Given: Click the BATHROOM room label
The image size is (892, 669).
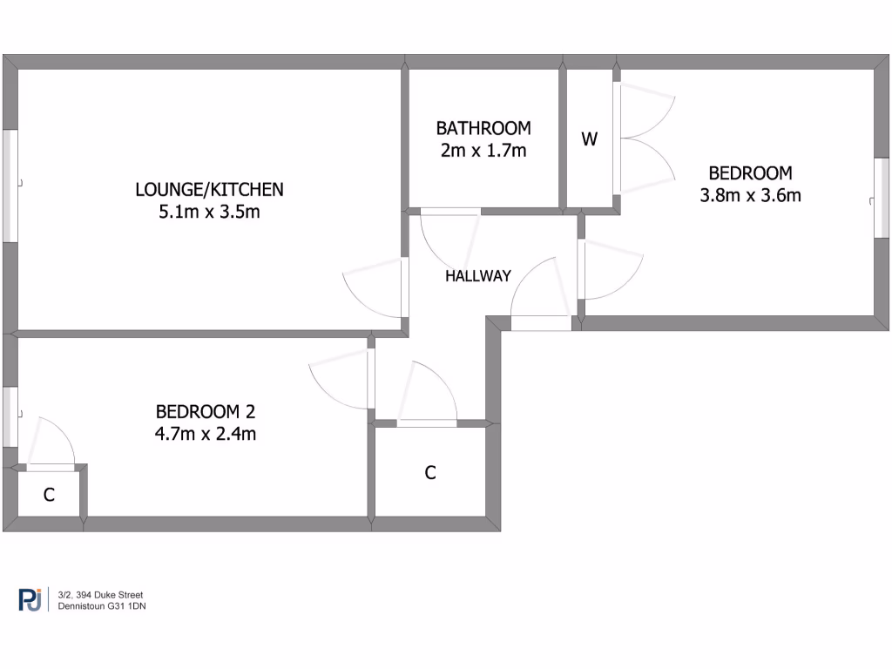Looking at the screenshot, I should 483,128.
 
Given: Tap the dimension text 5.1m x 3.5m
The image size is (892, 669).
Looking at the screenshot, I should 209,212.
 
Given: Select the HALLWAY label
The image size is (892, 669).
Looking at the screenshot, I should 477,276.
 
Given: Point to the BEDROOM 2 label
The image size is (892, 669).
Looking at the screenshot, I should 206,411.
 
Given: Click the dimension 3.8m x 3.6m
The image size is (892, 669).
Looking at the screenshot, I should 750,195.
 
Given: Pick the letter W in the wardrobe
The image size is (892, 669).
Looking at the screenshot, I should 590,139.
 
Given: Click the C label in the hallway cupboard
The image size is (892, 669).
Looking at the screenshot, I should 429,473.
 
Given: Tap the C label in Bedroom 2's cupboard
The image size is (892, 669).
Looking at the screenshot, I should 50,495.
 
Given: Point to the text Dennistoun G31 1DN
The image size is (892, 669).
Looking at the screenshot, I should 101,606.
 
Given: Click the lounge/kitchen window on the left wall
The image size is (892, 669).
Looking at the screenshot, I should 10,186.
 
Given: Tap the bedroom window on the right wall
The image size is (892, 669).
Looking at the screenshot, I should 882,196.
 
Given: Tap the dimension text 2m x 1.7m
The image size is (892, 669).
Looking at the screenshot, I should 483,150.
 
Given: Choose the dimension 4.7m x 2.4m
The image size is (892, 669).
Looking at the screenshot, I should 206,433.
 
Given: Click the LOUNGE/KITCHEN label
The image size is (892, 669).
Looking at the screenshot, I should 209,189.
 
